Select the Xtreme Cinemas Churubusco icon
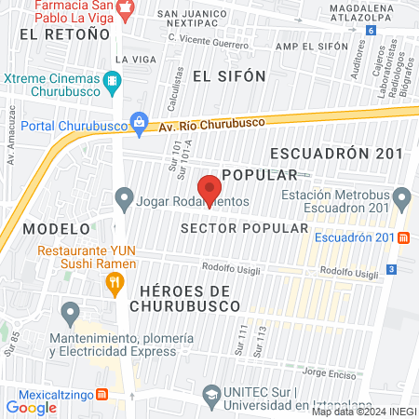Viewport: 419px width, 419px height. click(x=113, y=81)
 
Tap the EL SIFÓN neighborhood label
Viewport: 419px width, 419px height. click(x=229, y=75)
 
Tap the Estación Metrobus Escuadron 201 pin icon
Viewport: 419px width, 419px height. click(x=402, y=197)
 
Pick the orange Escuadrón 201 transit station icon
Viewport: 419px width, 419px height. click(x=403, y=237)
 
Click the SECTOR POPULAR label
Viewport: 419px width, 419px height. click(x=244, y=227)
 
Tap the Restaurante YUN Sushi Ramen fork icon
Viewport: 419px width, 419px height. click(x=115, y=283)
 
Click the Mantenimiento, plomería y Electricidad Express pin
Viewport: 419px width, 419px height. click(x=69, y=312)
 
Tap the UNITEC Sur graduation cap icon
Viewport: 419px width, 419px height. click(x=211, y=395)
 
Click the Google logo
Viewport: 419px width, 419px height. click(x=30, y=407)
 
